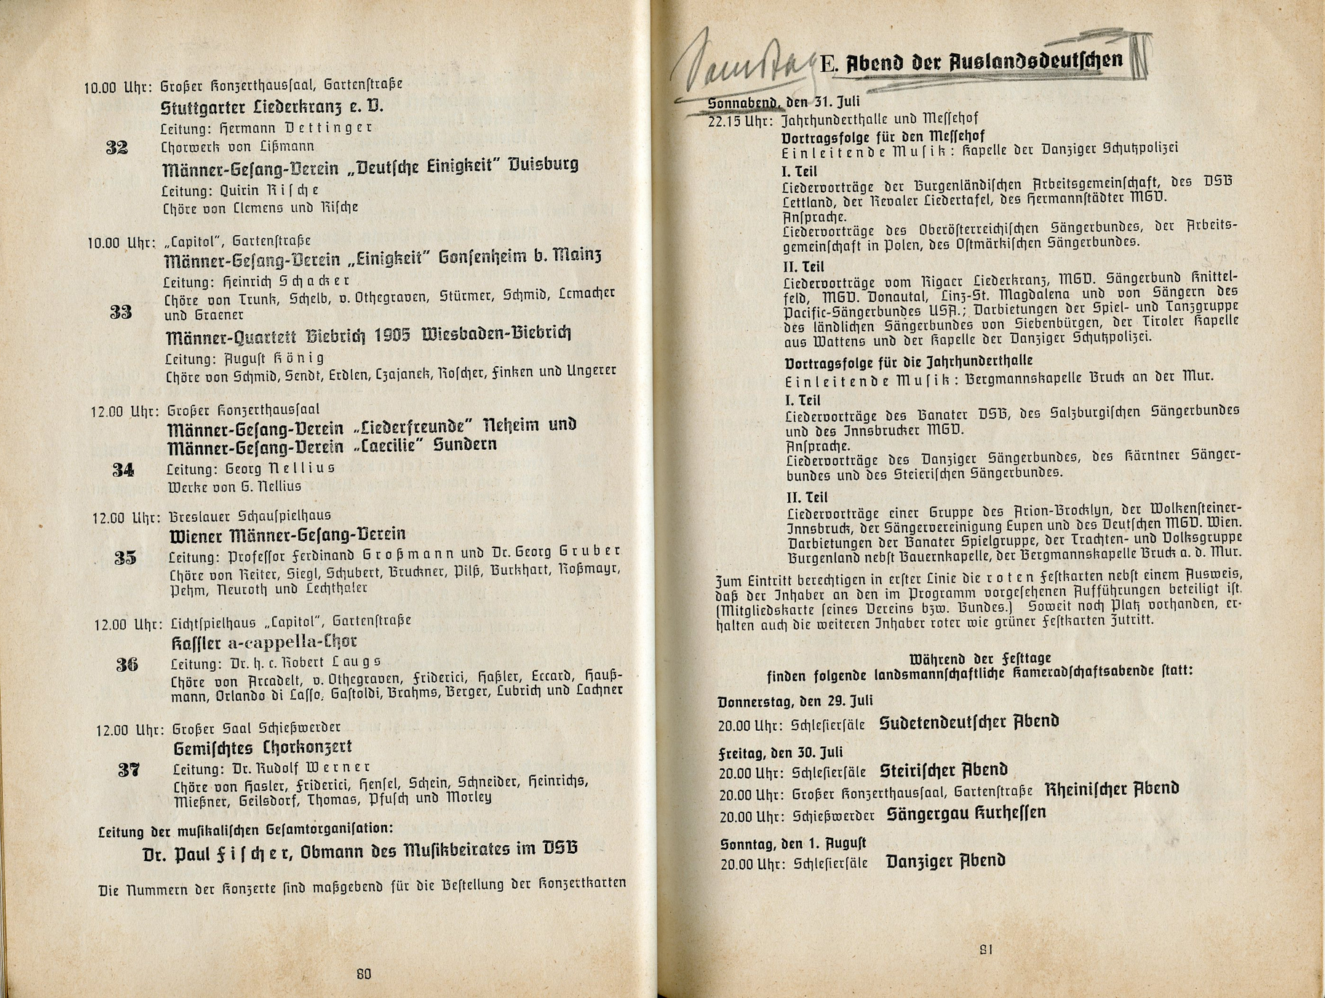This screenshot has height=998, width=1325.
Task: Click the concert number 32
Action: pos(117,148)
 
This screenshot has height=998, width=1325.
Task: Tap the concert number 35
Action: pos(125,558)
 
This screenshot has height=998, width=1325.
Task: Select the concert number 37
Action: pos(129,770)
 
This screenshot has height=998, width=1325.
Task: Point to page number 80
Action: pos(364,974)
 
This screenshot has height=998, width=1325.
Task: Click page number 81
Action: pos(986,949)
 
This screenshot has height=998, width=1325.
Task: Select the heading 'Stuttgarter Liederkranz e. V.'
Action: pos(271,108)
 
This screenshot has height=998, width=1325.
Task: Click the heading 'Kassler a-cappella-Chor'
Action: pos(264,642)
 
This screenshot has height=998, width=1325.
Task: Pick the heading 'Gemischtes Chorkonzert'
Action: pos(263,748)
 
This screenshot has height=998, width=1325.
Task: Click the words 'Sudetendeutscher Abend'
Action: pos(968,722)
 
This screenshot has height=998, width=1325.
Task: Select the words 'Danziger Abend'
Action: pos(945,862)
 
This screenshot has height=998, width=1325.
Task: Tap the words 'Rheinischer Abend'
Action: pos(1112,789)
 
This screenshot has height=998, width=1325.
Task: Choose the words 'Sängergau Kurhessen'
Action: pos(966,814)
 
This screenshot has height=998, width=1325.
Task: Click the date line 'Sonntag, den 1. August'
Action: pos(793,844)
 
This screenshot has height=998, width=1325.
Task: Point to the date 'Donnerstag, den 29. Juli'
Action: pos(795,702)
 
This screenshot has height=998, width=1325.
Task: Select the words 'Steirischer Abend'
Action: pos(944,770)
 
